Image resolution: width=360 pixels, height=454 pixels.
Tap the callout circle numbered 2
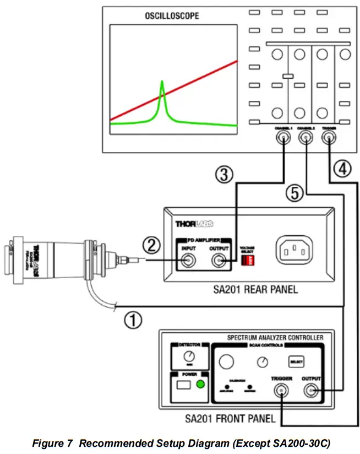(x=151, y=244)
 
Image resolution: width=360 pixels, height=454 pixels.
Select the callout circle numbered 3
(x=222, y=175)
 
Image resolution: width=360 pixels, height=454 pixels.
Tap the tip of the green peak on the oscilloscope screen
(x=162, y=82)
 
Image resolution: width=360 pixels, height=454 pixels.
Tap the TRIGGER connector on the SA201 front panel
(x=281, y=392)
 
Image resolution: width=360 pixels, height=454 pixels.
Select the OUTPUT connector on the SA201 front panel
(x=311, y=392)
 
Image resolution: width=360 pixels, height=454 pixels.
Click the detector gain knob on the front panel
(x=190, y=356)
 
